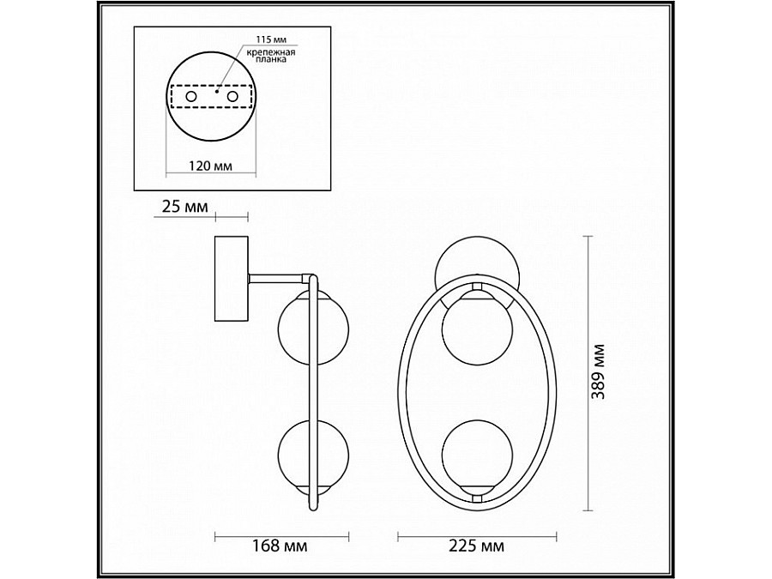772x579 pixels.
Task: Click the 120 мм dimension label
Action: (211, 166)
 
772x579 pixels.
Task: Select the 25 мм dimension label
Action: (185, 207)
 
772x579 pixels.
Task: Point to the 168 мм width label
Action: (280, 546)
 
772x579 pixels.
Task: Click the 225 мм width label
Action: (477, 546)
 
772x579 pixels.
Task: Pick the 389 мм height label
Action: (598, 371)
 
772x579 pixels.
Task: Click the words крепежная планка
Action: (271, 56)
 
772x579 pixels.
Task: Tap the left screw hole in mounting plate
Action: (191, 97)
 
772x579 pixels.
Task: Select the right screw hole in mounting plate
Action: (232, 97)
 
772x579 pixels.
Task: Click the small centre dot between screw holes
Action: (217, 91)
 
